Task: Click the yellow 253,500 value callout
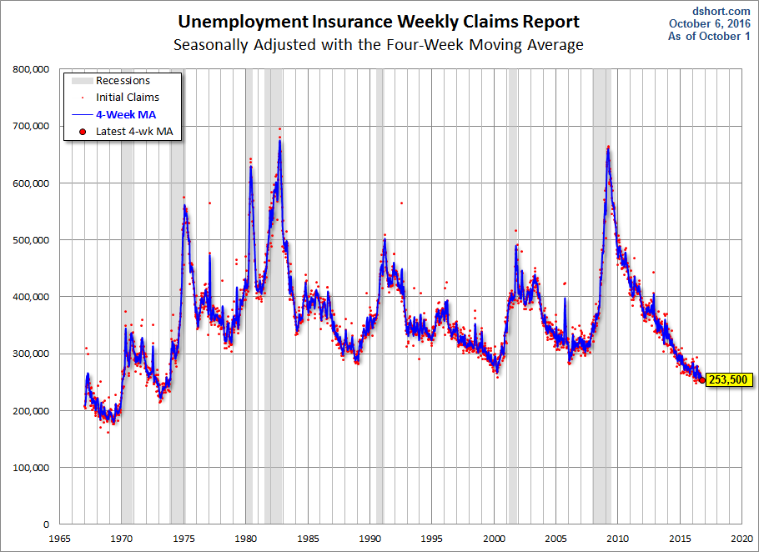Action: [728, 380]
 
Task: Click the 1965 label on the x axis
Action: [59, 538]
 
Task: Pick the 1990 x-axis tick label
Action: [370, 538]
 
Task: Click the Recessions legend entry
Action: [123, 81]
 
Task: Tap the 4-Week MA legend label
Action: [126, 114]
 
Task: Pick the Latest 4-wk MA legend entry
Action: [133, 131]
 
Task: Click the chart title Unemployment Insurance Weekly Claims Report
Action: [379, 22]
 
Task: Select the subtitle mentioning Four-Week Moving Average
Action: [379, 44]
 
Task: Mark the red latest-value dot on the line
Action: [701, 380]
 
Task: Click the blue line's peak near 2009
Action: [608, 148]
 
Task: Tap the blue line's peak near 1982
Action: [279, 142]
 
